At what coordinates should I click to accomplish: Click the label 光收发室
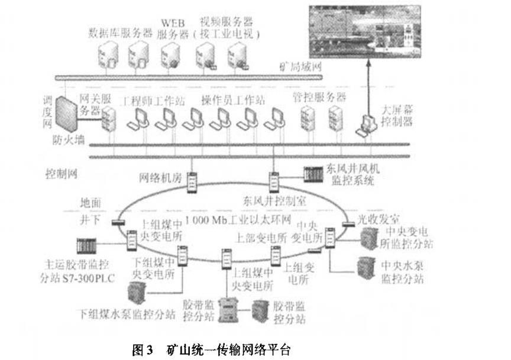pos(374,218)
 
